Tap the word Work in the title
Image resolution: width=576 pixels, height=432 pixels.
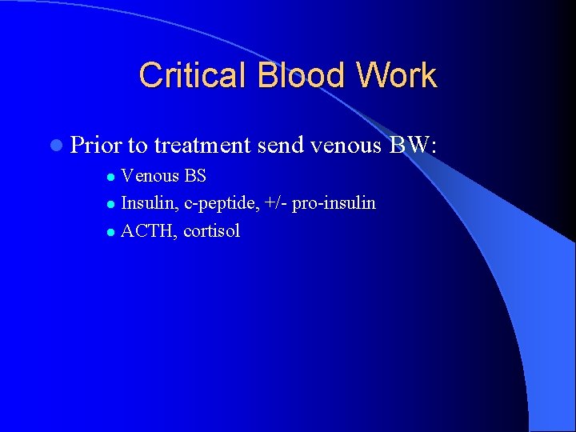click(x=397, y=76)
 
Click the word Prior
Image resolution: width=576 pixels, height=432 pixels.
click(x=96, y=145)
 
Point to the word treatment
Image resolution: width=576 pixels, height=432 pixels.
click(x=203, y=145)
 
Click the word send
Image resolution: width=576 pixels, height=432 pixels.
click(x=282, y=145)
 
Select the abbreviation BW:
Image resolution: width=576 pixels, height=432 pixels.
click(x=413, y=145)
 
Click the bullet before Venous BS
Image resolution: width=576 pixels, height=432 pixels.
click(x=112, y=177)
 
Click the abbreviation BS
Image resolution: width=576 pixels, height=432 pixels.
click(x=195, y=176)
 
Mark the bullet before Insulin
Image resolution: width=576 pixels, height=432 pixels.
click(x=112, y=205)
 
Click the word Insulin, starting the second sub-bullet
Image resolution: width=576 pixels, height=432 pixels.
click(x=150, y=203)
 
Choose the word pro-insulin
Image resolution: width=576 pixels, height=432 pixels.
click(x=334, y=203)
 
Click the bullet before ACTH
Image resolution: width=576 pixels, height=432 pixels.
click(x=112, y=233)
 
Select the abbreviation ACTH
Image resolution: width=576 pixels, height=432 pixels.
click(x=149, y=231)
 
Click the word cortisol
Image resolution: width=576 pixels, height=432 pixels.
click(x=212, y=231)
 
